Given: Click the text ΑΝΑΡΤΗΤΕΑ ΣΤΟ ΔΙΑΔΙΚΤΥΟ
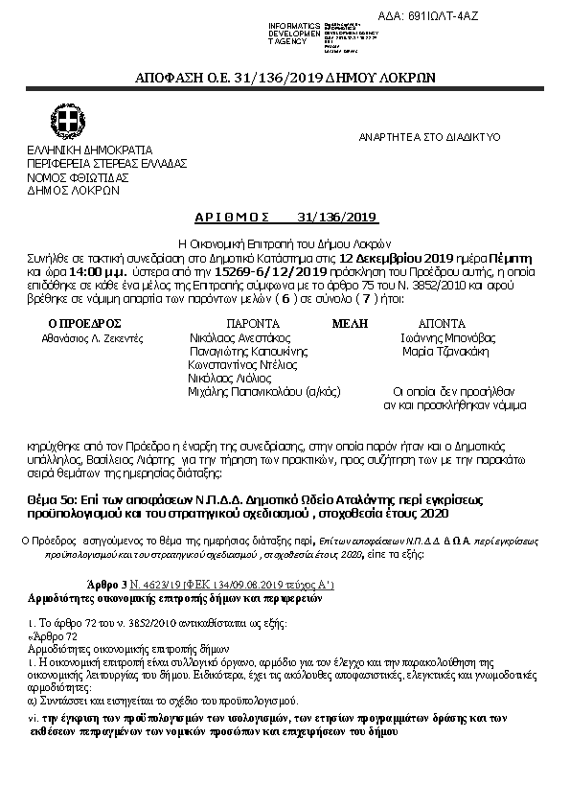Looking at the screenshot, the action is [430, 137].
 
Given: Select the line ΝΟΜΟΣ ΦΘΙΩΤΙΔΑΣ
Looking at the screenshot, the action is [78, 177].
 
